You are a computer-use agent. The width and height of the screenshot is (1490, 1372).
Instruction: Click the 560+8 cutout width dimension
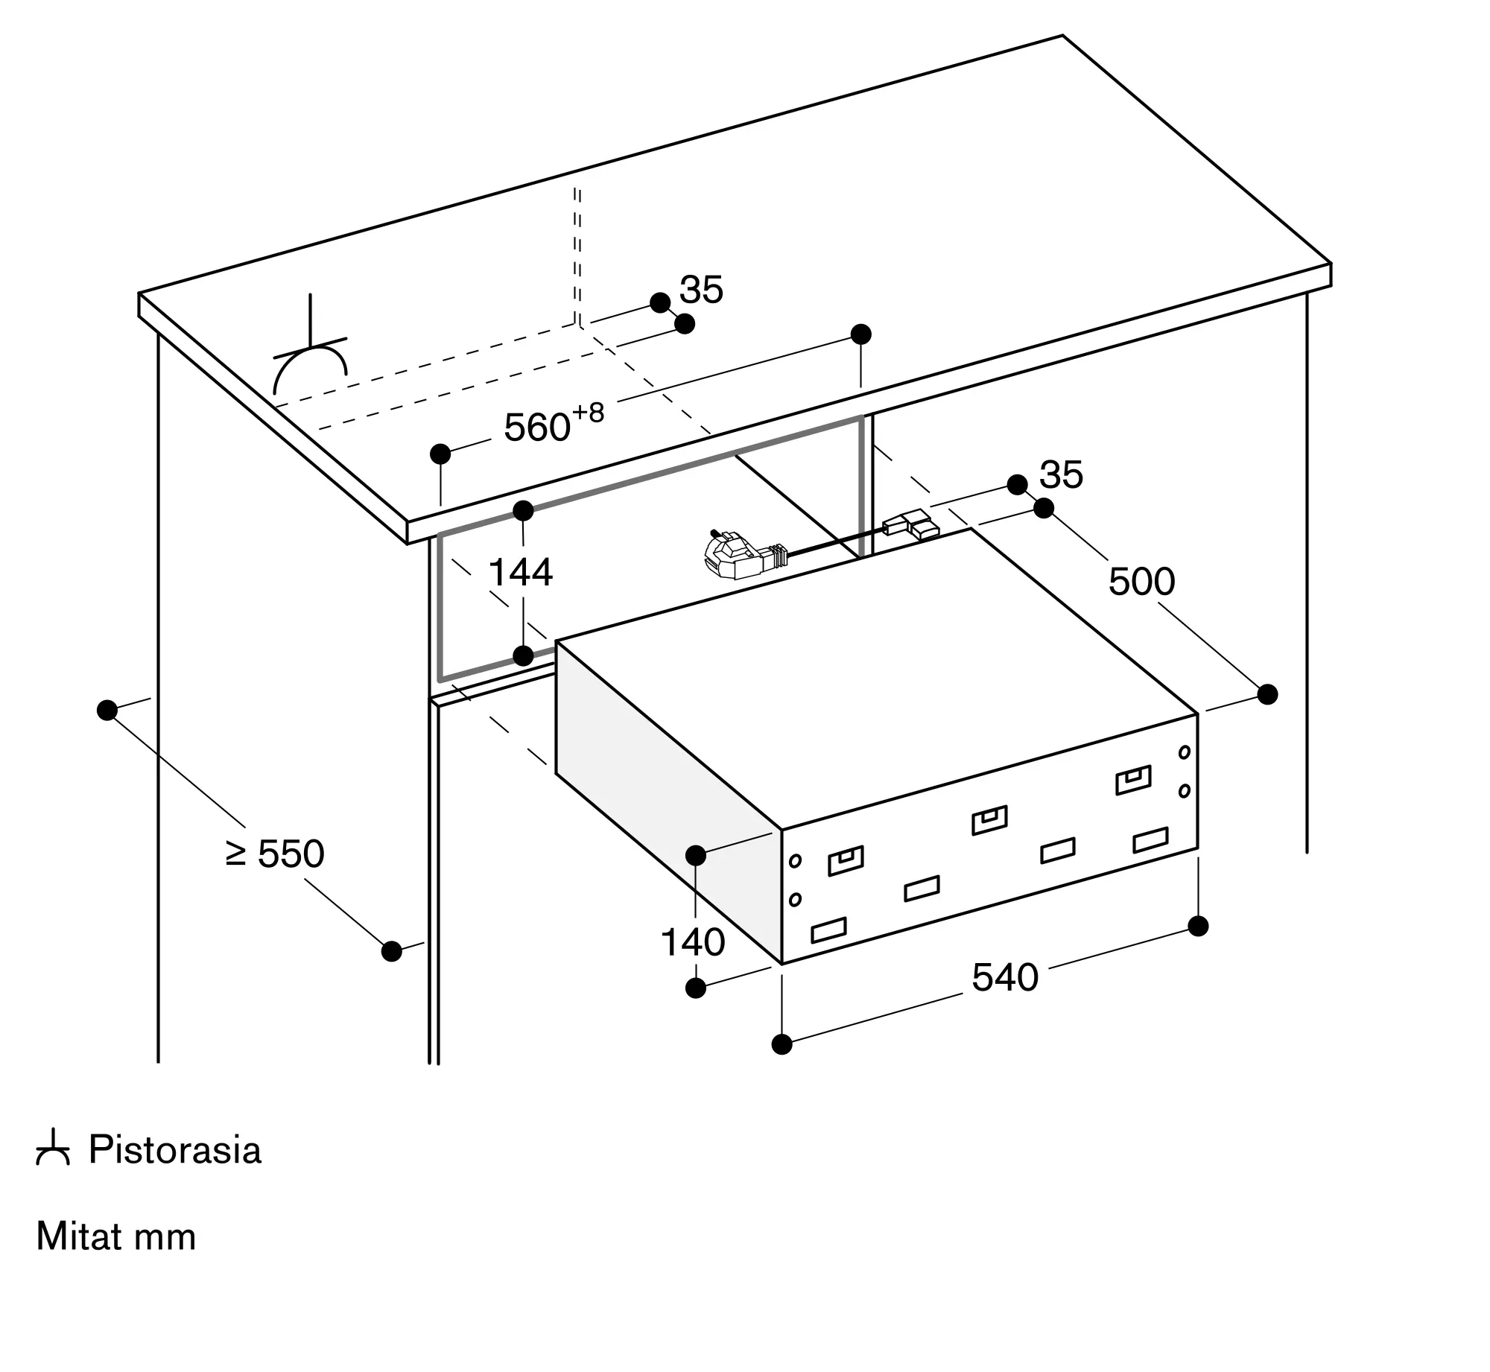554,422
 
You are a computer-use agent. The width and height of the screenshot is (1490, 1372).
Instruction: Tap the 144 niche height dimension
520,572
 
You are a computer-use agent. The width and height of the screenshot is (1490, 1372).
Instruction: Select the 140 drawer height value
693,942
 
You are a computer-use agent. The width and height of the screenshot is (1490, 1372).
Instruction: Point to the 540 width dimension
1005,977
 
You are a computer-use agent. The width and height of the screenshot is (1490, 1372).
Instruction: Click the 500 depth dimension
1142,581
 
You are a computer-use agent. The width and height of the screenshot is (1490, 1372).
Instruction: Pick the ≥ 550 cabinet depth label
275,854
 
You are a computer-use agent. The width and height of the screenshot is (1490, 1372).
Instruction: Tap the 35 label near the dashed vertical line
701,290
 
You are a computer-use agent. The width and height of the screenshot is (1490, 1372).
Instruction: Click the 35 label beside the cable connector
1061,474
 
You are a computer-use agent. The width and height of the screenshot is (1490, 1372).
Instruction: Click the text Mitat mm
116,1236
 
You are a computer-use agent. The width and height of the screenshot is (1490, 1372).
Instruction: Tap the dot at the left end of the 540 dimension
782,1044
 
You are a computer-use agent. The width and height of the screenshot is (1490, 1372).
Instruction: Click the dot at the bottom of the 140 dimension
695,988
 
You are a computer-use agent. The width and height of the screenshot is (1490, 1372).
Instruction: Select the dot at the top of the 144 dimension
524,511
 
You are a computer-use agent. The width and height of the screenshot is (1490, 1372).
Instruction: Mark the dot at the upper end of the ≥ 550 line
107,710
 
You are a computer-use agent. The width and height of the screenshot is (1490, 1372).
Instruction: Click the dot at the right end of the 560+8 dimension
860,334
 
